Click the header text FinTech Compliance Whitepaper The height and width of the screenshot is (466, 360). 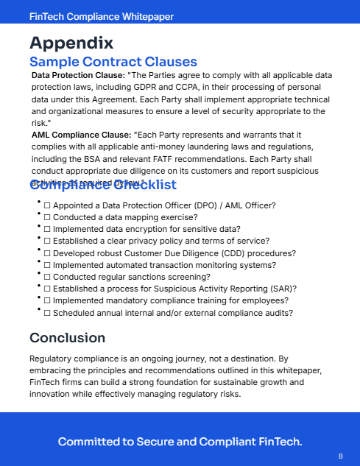coord(102,16)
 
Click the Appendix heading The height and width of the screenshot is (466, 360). coord(71,43)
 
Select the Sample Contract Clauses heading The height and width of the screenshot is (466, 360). coord(113,62)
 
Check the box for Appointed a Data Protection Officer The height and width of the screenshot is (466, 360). coord(47,205)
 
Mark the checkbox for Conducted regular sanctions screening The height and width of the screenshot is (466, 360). coord(47,277)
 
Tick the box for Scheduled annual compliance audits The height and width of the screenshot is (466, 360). coord(47,313)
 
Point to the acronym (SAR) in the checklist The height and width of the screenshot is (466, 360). coord(281,289)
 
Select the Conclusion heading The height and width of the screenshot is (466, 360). coord(68,338)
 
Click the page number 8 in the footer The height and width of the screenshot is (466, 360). coord(341,456)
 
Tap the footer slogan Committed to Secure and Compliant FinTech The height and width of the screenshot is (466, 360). coord(180,442)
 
